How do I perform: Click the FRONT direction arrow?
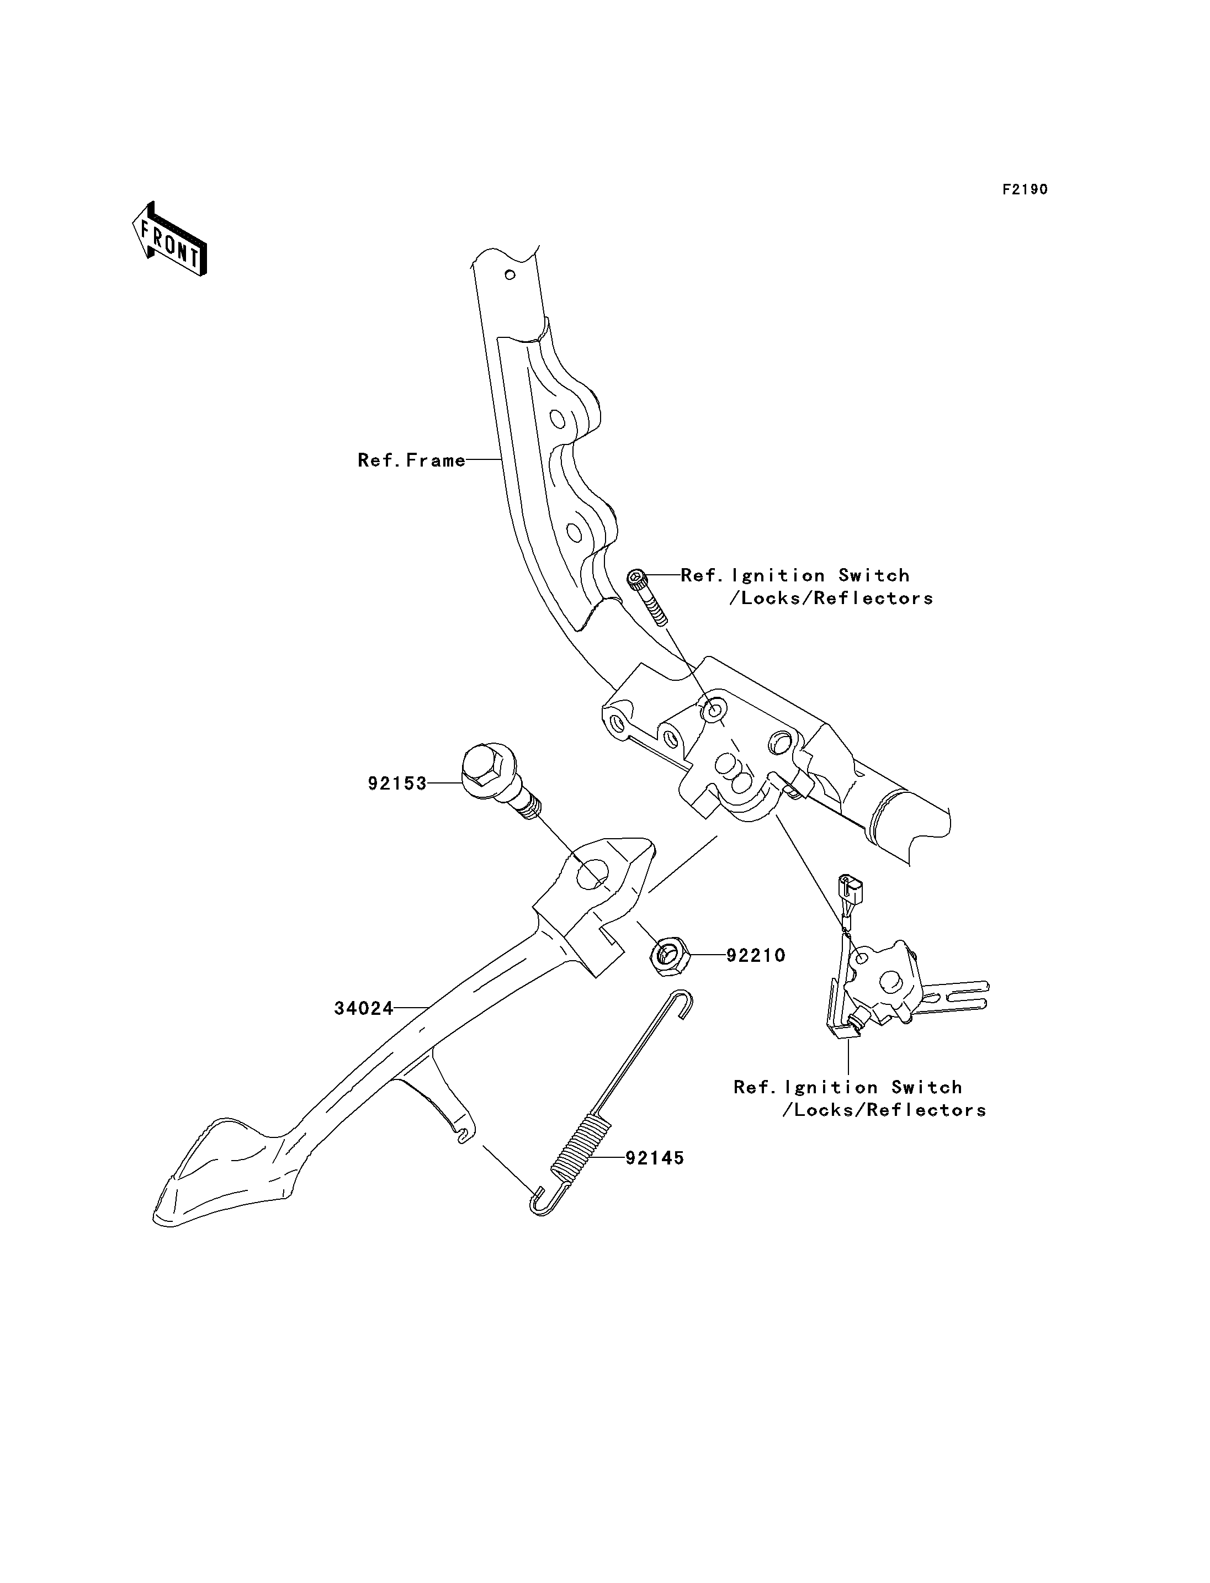coord(169,239)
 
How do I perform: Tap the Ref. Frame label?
coord(412,460)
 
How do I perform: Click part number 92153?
coord(397,783)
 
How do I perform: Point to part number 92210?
coord(756,955)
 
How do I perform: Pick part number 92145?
coord(655,1158)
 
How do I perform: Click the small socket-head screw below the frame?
coord(648,598)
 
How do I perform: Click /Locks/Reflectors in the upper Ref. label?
coord(832,598)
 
